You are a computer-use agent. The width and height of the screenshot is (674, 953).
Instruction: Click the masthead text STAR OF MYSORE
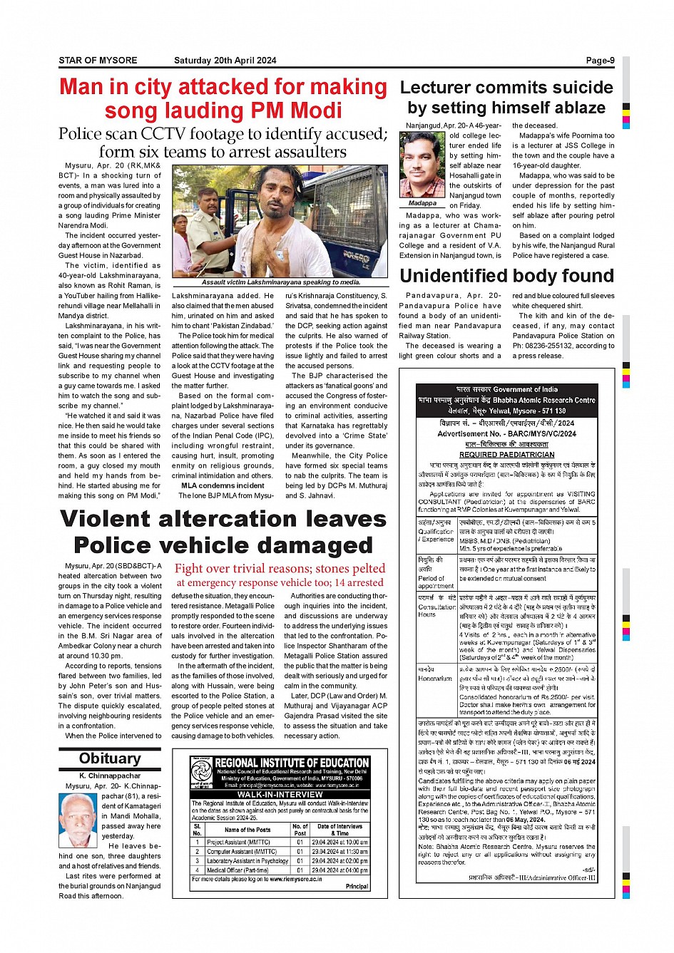pos(98,61)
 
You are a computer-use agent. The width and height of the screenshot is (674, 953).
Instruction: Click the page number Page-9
pos(600,61)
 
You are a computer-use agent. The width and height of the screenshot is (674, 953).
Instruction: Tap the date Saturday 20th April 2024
pos(225,61)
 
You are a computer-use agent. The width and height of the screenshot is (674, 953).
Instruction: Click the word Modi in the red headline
pos(315,111)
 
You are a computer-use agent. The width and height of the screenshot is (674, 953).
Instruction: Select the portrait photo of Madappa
pos(423,164)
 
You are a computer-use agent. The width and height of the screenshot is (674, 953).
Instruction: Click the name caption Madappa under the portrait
pos(423,203)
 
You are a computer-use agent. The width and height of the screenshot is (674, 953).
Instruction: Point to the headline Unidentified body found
pos(506,276)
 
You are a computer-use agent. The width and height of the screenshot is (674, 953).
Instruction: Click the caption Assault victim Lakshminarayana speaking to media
pos(280,282)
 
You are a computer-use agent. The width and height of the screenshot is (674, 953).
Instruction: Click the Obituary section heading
pos(110,758)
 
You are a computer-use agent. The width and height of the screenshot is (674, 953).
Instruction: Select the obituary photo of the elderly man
pos(78,820)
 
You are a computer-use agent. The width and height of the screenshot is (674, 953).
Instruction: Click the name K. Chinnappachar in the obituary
pos(110,776)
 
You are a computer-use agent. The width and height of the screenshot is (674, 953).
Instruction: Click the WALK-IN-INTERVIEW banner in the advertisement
pos(280,794)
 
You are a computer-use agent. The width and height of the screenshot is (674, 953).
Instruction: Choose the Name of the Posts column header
pos(247,830)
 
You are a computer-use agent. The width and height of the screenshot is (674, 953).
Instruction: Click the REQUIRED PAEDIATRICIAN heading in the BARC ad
pos(506,454)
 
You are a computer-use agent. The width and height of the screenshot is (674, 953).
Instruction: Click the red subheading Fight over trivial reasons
pos(280,568)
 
